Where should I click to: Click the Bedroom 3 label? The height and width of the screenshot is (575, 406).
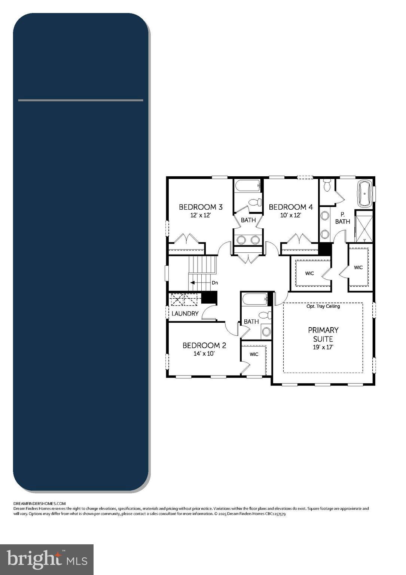click(x=201, y=207)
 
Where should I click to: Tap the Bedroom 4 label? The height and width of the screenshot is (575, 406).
click(x=290, y=207)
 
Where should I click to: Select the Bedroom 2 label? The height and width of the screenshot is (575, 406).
click(x=204, y=345)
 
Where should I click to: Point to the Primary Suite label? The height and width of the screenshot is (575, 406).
click(x=323, y=334)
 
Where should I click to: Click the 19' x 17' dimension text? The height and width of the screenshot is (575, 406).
click(x=323, y=347)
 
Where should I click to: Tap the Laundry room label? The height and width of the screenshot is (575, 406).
click(x=185, y=314)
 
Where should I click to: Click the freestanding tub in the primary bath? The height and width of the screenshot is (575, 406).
click(x=364, y=194)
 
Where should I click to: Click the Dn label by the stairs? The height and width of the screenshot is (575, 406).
click(x=215, y=283)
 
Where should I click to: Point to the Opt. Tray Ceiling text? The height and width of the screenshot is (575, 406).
click(x=323, y=306)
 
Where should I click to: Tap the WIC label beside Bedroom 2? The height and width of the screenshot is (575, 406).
click(x=254, y=354)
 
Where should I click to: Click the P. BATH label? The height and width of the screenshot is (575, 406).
click(x=342, y=218)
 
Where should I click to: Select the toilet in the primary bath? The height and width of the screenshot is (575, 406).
click(x=327, y=185)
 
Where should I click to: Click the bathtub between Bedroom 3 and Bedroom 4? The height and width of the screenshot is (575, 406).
click(x=247, y=186)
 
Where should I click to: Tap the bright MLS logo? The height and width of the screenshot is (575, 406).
click(x=47, y=559)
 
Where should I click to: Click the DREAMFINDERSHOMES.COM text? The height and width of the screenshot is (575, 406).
click(x=39, y=503)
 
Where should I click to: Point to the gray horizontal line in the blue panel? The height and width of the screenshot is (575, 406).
click(x=80, y=100)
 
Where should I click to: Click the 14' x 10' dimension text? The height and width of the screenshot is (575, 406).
click(x=204, y=354)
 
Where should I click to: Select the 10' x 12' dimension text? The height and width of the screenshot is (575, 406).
click(x=291, y=215)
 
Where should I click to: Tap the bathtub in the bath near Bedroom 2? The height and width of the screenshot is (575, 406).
click(x=255, y=299)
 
